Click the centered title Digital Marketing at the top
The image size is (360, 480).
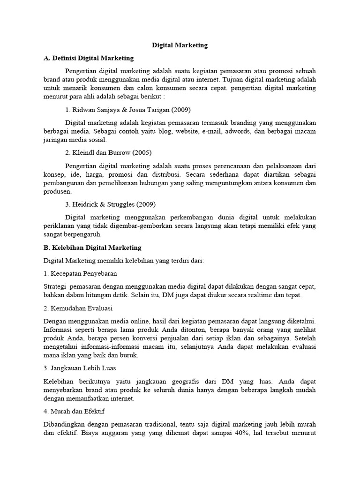point(180,45)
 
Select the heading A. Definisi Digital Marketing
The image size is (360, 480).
point(88,58)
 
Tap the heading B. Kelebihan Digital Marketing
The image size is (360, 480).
point(92,247)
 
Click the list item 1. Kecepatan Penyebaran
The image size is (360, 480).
point(80,273)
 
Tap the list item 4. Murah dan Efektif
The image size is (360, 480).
point(74,411)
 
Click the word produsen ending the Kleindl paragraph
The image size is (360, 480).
point(57,191)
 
